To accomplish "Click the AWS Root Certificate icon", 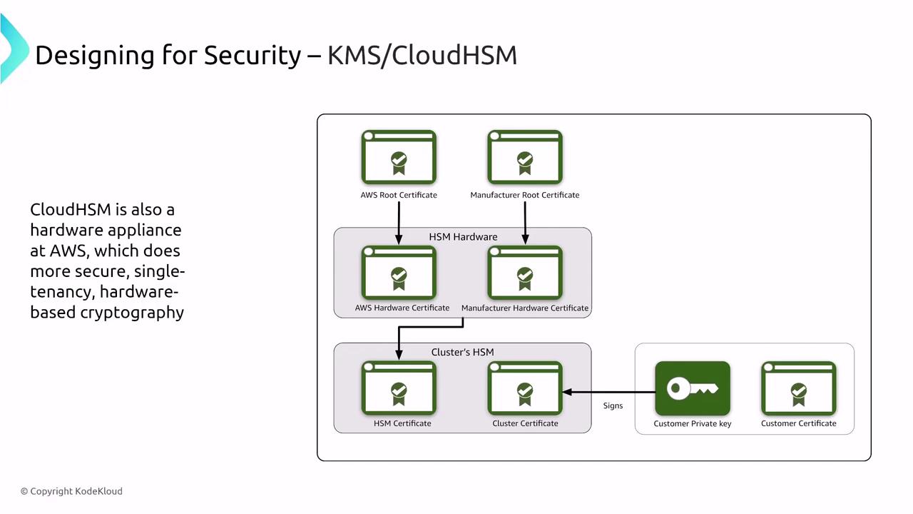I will click(x=399, y=158).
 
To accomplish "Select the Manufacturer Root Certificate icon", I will click(x=525, y=158).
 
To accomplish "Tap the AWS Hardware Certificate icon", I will click(x=399, y=273).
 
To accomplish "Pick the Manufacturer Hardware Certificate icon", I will click(x=525, y=273).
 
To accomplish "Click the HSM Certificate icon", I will click(x=399, y=388).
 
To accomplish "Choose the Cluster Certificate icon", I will click(x=525, y=388).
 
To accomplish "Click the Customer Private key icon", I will click(x=693, y=388).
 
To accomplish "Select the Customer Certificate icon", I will click(x=798, y=388).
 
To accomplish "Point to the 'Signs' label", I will click(x=613, y=405).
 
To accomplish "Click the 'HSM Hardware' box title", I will click(x=463, y=236).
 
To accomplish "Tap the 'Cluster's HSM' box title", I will click(x=462, y=352).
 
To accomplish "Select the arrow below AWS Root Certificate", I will click(x=399, y=222).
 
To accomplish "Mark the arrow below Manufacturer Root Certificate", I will click(x=525, y=222).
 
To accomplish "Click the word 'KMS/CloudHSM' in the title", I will click(x=422, y=56).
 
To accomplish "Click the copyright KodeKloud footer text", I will click(x=71, y=491).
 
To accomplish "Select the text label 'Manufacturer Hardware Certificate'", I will click(x=525, y=308).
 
